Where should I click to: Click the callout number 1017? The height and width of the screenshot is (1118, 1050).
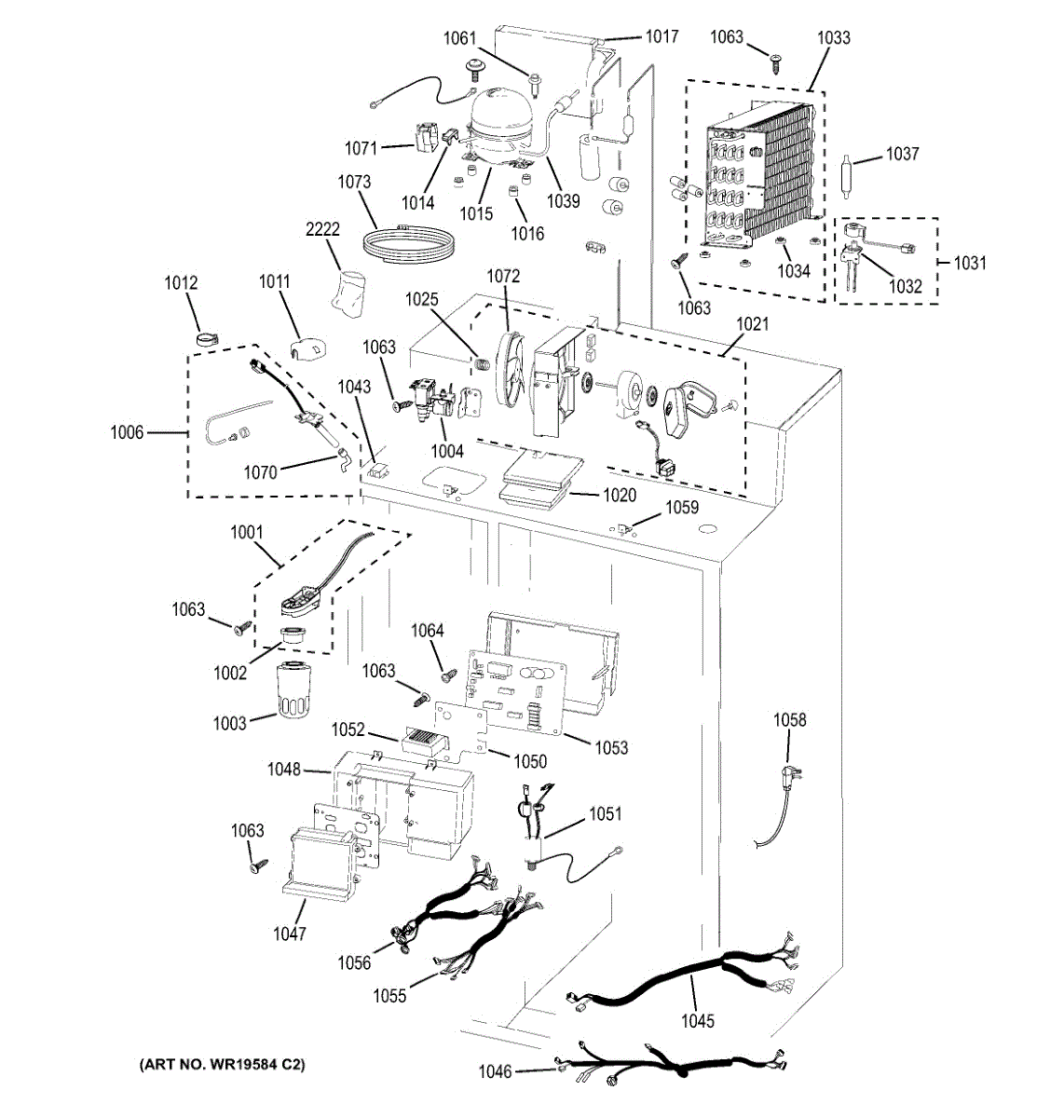pos(661,36)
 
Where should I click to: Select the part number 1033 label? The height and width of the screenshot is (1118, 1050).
pos(833,37)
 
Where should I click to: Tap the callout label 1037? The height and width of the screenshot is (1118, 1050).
pos(902,154)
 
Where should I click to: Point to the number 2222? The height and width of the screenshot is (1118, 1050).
pos(323,229)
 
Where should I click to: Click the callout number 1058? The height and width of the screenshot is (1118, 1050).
pos(790,719)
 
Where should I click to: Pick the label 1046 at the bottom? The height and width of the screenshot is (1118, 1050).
pos(495,1071)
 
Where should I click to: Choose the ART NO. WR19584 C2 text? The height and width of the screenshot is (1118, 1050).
pos(223,1064)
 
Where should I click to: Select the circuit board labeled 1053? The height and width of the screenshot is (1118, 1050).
pos(517,694)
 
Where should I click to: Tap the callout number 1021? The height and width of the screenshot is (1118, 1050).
pos(752,323)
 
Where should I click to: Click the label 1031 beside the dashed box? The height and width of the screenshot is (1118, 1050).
pos(969,263)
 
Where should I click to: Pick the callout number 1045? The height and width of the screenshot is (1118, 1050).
pos(697,1020)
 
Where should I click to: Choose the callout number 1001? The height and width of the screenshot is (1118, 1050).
pos(247,533)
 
